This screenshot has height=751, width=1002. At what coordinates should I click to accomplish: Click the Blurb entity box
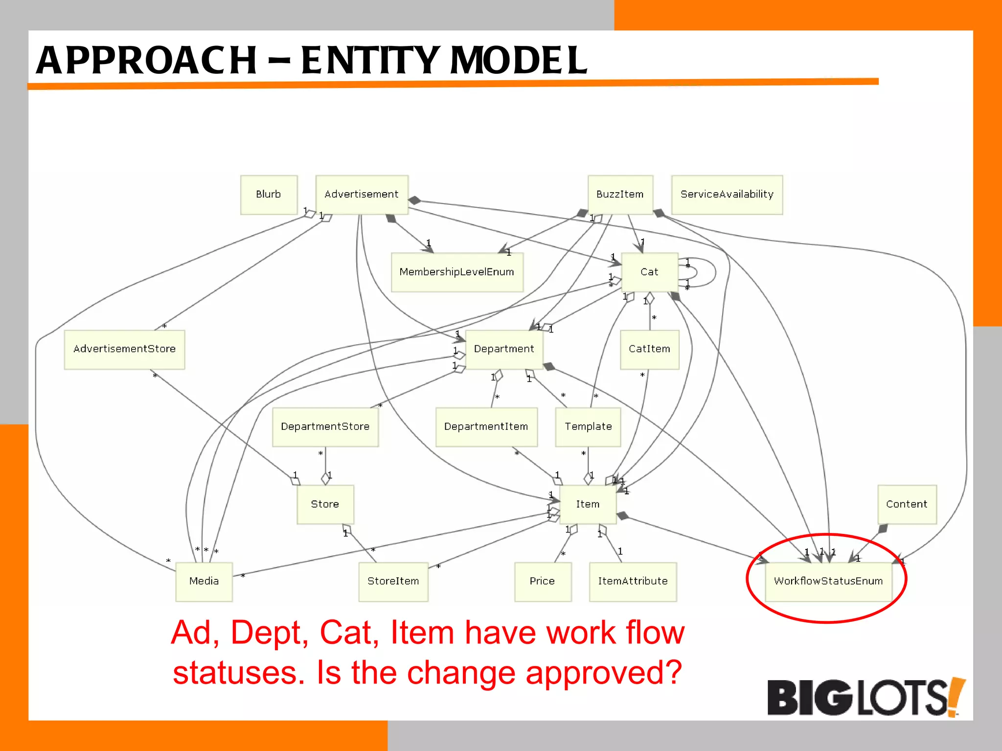[269, 195]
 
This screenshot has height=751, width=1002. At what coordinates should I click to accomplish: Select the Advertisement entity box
[362, 195]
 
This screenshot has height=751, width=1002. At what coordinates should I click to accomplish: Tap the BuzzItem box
[620, 195]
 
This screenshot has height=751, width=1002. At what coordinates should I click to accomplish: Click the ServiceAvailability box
[727, 195]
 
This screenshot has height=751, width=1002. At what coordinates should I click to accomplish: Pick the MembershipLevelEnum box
[456, 272]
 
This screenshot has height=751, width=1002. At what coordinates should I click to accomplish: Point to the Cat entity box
[649, 272]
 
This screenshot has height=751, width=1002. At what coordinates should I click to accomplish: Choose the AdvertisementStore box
[124, 349]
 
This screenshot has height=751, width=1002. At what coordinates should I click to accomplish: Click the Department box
[504, 349]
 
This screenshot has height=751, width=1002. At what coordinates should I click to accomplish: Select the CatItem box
[649, 349]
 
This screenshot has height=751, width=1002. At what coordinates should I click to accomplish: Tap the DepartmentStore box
[325, 427]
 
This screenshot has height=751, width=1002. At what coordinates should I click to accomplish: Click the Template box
[588, 427]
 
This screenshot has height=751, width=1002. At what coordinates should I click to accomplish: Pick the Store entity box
[325, 504]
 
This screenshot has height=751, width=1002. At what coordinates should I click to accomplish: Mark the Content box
[907, 504]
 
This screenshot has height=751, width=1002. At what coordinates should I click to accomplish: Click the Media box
[204, 581]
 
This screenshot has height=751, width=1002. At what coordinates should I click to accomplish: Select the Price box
[542, 581]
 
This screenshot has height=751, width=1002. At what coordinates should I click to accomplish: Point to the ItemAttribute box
[633, 581]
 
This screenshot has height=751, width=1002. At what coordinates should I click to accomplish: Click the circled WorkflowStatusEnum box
[828, 581]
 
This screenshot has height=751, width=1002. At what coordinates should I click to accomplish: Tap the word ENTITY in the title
[369, 61]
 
